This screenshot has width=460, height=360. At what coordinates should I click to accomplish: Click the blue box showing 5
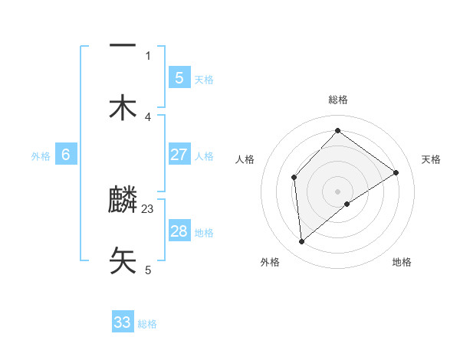179,77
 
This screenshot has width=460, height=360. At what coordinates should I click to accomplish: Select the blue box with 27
179,155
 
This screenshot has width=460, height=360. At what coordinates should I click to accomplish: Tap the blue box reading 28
179,231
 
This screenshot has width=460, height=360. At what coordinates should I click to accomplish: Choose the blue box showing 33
123,322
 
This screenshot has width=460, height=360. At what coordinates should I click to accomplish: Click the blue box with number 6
66,155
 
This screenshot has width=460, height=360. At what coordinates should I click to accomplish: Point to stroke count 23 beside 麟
148,208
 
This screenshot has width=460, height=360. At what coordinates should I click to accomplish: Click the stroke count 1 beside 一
148,55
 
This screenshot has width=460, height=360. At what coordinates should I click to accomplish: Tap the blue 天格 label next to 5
204,79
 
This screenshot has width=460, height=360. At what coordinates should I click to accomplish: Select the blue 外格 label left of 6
41,156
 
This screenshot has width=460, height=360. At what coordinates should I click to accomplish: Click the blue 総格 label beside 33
147,324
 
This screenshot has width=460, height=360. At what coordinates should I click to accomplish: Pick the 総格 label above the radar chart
337,100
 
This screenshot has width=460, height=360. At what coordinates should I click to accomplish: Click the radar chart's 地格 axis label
402,263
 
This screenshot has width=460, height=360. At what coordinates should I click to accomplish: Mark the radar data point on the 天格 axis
396,172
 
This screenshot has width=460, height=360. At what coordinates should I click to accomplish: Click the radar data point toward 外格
301,242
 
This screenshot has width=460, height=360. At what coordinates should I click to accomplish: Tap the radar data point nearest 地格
347,204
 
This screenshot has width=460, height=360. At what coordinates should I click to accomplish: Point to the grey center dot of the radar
337,191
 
